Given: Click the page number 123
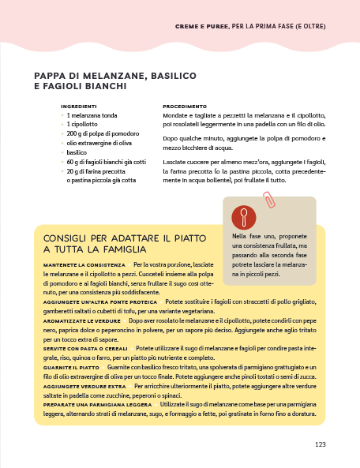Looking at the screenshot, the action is [320, 444].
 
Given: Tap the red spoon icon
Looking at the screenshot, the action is [244, 217].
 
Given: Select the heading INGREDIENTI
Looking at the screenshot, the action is [79, 106].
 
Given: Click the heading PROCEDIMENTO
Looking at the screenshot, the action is [185, 106].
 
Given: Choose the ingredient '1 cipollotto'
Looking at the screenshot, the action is [82, 124].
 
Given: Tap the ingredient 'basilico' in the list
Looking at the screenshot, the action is [77, 152].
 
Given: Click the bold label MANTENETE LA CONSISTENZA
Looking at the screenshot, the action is [84, 264].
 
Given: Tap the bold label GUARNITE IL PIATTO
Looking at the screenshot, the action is [72, 367].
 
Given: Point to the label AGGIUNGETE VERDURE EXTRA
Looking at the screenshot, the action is [85, 387].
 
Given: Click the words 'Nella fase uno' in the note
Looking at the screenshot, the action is [252, 235].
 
